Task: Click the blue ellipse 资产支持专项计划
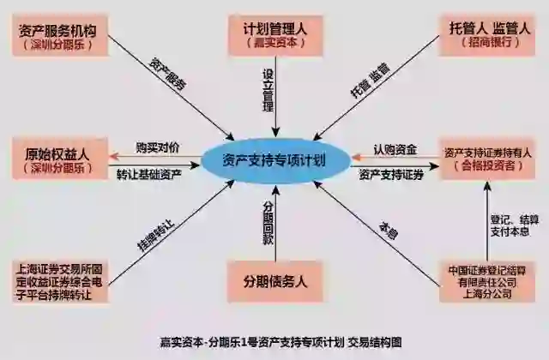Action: (x=272, y=160)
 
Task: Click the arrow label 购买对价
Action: (x=159, y=148)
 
